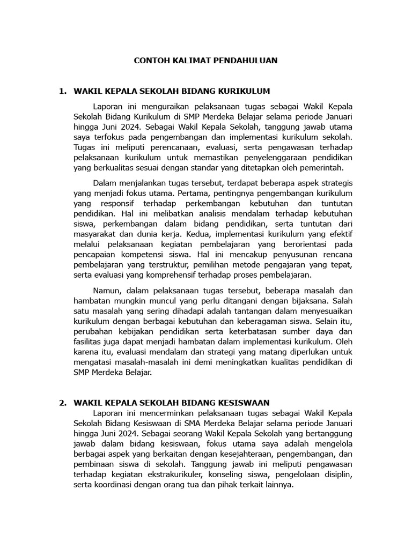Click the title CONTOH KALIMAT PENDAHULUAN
point(205,61)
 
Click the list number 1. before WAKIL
point(63,91)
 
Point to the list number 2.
point(63,402)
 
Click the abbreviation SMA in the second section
point(175,423)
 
